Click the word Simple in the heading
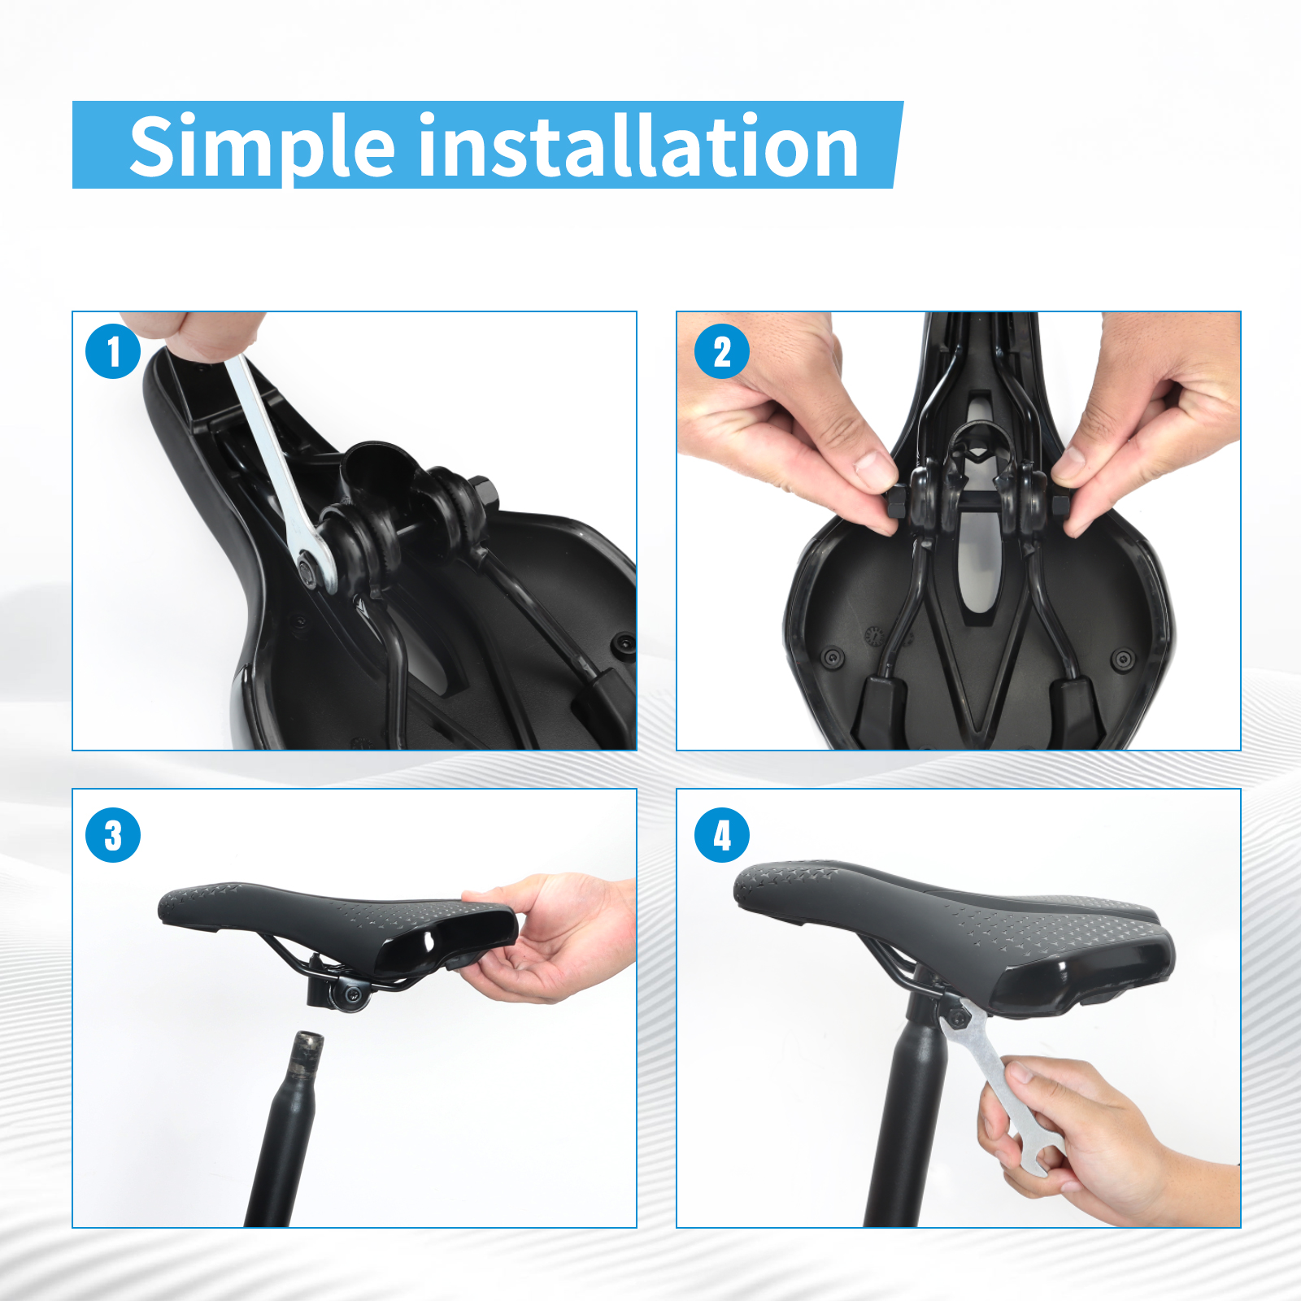(x=263, y=146)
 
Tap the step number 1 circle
(x=113, y=351)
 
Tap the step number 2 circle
(x=722, y=351)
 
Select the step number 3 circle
(x=113, y=835)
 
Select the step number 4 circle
(x=722, y=835)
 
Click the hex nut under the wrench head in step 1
(x=307, y=563)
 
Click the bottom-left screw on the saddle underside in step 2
(x=832, y=657)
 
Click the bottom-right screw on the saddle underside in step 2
(x=1123, y=658)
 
